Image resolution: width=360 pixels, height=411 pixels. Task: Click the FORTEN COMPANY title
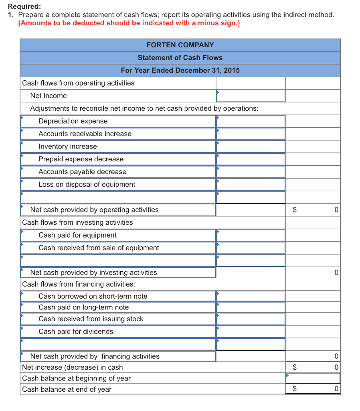click(180, 45)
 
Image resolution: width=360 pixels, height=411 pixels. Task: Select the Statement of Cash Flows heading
click(180, 58)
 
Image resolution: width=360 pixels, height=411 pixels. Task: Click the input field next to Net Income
click(251, 96)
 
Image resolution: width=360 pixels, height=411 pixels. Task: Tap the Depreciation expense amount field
click(251, 121)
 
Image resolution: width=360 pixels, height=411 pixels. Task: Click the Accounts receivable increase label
click(85, 134)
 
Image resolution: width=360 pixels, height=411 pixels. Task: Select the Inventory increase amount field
click(251, 146)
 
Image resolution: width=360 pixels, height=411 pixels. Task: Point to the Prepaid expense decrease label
click(81, 159)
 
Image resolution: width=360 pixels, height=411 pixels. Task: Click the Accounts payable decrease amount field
click(251, 172)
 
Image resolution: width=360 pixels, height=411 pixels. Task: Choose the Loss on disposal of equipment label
click(87, 185)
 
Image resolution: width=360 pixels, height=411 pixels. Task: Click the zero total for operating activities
click(336, 210)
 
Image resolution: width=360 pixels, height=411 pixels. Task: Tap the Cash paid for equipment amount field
click(251, 235)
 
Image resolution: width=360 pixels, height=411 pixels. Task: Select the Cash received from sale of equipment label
click(99, 248)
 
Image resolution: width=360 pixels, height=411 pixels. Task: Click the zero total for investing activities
click(336, 273)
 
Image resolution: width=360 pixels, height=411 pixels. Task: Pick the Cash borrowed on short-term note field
click(251, 296)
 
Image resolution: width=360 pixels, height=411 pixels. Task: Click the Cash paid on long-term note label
click(83, 307)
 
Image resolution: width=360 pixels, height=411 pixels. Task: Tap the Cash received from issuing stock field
click(251, 319)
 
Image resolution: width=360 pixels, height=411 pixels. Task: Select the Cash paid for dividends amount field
click(251, 332)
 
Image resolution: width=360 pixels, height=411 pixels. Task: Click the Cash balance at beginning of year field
click(313, 378)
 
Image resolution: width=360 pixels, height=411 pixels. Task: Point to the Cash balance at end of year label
click(67, 389)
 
